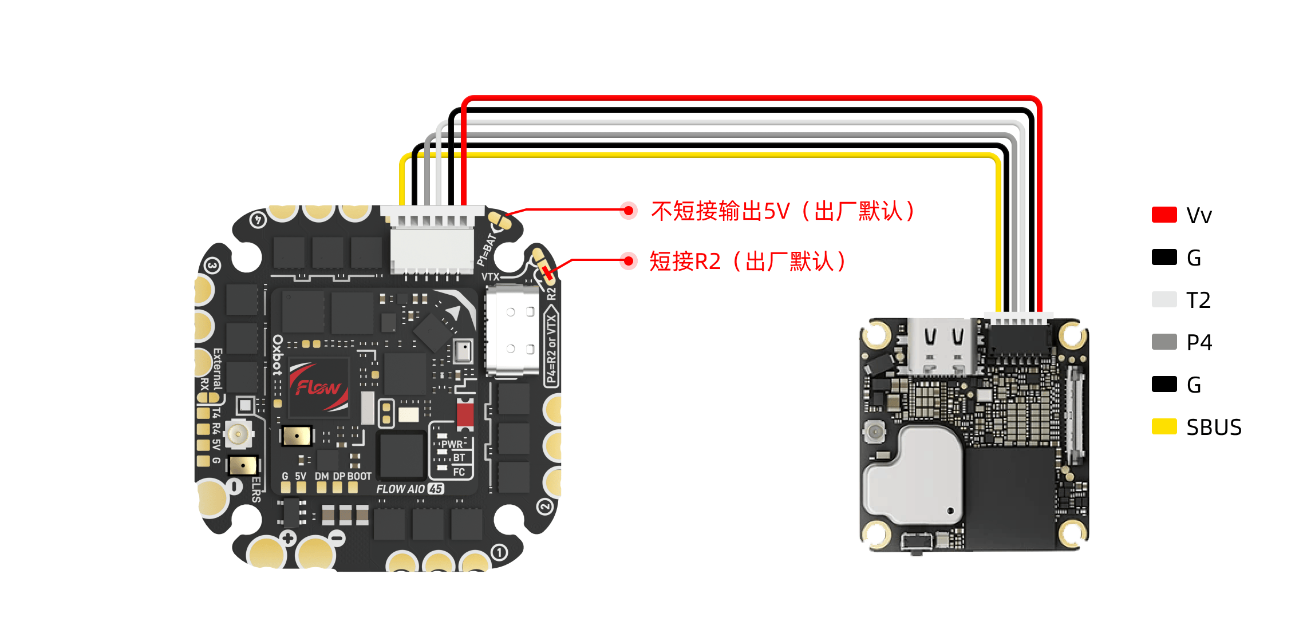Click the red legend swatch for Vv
click(1164, 215)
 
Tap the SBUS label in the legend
click(1214, 428)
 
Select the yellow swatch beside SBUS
click(1164, 427)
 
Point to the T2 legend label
click(1198, 300)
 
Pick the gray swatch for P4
click(1164, 342)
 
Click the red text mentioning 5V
click(782, 211)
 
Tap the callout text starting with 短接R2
click(747, 262)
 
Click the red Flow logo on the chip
click(318, 387)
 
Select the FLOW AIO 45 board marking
click(410, 489)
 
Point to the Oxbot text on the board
click(278, 355)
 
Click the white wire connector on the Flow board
click(433, 240)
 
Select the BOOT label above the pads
click(360, 476)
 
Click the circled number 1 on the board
click(499, 552)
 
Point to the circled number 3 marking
click(212, 266)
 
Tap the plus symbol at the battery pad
click(288, 538)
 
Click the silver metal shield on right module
click(913, 475)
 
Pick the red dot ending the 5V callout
click(629, 211)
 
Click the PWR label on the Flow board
click(452, 444)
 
